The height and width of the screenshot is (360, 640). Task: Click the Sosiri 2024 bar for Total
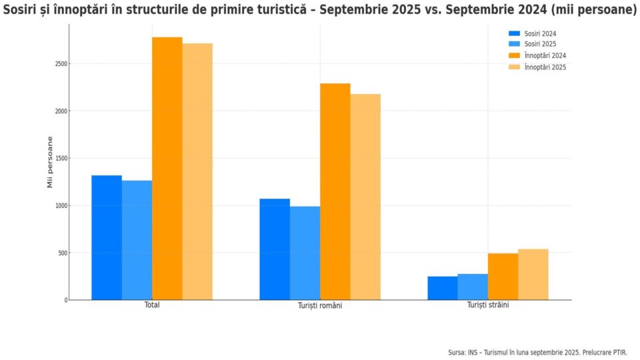click(x=107, y=237)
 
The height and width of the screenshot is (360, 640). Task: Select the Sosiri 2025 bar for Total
click(x=137, y=240)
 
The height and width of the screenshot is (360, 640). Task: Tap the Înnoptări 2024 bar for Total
click(x=167, y=168)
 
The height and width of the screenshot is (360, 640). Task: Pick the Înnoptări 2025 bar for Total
click(x=197, y=171)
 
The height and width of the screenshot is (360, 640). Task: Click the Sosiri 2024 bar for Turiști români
click(x=275, y=249)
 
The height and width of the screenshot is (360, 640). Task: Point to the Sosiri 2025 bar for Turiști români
click(x=305, y=253)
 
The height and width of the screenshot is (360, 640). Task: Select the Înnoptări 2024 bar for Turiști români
click(x=335, y=191)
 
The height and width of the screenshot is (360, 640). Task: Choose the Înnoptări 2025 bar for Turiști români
click(x=365, y=197)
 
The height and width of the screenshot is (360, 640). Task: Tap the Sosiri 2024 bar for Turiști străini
click(x=443, y=288)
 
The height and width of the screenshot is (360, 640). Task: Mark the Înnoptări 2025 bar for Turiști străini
click(x=533, y=275)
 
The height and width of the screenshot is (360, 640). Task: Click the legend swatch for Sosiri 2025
click(x=514, y=44)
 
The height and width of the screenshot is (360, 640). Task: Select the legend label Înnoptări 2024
click(x=545, y=55)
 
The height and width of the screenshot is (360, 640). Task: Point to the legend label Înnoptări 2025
click(x=545, y=67)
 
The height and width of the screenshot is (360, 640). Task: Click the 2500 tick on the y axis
click(x=61, y=64)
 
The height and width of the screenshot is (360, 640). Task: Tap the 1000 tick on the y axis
click(x=61, y=205)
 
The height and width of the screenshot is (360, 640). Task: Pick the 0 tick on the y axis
click(x=65, y=300)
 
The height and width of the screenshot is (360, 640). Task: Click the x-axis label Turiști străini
click(x=488, y=305)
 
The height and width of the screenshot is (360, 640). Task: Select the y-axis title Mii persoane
click(x=50, y=162)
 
